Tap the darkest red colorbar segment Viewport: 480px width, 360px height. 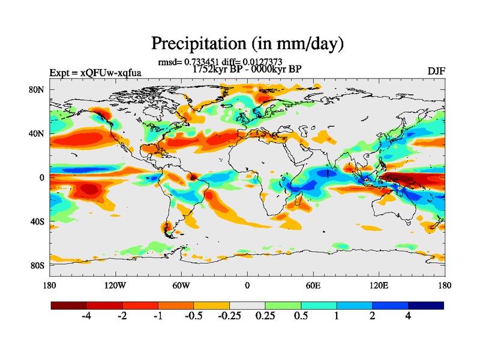click(69, 305)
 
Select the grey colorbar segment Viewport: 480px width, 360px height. click(247, 305)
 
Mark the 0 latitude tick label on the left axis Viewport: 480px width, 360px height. click(43, 178)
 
